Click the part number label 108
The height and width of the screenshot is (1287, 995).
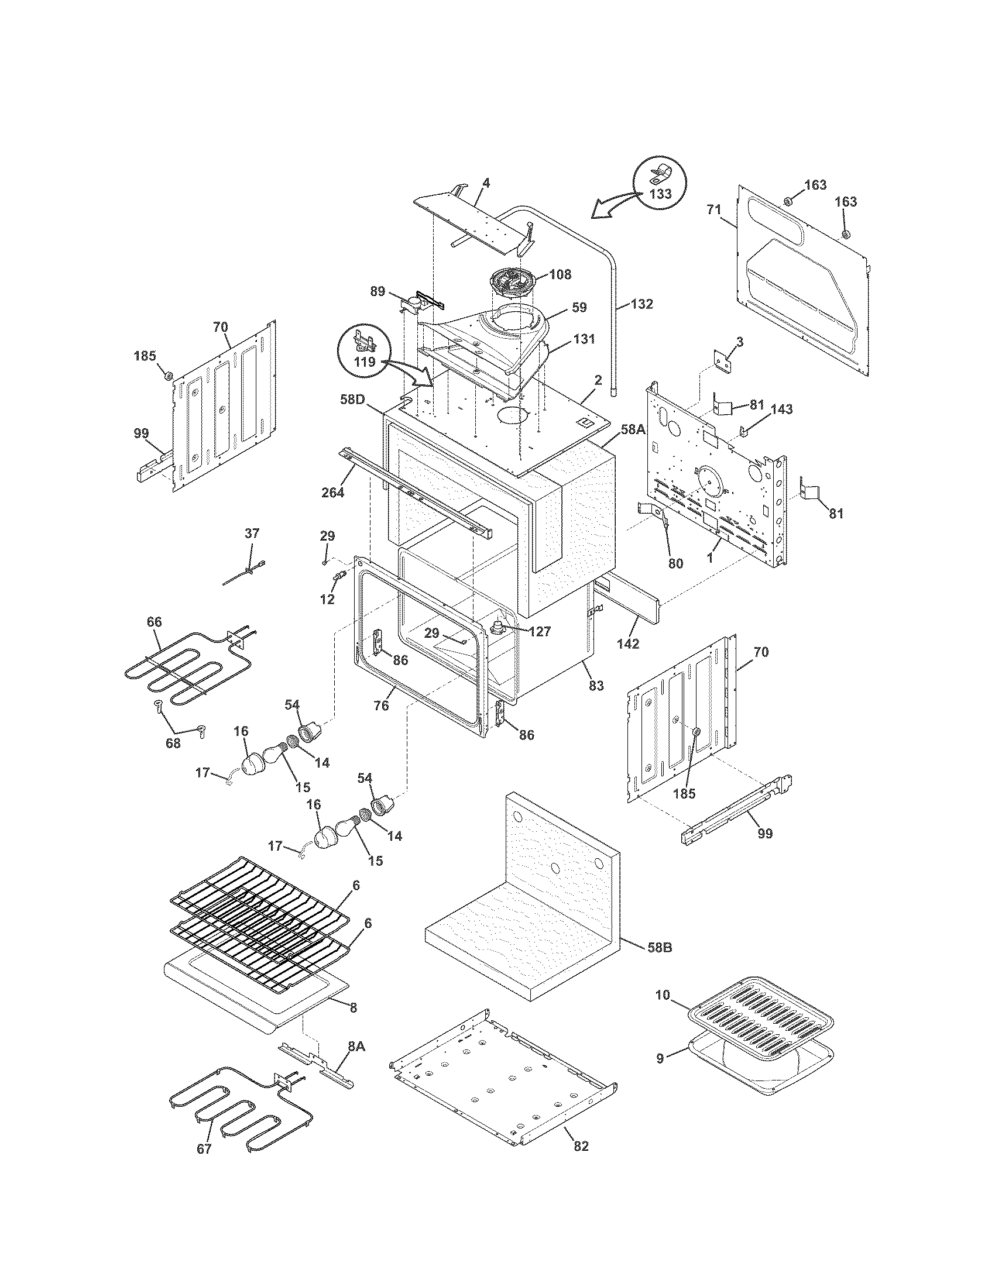click(560, 274)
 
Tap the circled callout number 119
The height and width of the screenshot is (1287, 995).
click(365, 362)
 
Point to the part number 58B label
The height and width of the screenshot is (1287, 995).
click(658, 948)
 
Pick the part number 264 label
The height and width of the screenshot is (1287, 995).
click(332, 492)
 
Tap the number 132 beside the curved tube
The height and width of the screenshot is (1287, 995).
click(641, 304)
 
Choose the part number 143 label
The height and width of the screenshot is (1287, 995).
click(781, 409)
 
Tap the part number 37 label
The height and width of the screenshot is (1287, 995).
click(252, 534)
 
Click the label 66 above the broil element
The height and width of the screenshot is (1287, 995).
click(154, 622)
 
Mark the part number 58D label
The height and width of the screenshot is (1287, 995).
click(352, 399)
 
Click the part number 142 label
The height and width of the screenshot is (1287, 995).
click(628, 643)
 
